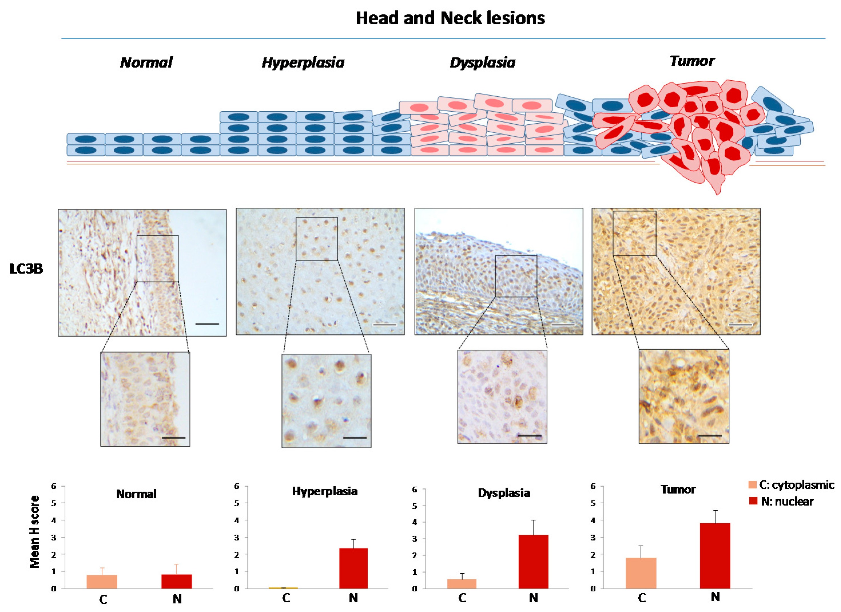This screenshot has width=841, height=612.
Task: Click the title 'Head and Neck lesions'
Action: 450,18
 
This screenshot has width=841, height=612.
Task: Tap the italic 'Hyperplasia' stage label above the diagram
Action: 303,63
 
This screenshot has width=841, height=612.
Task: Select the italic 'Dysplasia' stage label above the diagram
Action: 483,63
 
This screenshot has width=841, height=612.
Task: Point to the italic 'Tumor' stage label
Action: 692,61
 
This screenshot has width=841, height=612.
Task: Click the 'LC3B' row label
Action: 26,269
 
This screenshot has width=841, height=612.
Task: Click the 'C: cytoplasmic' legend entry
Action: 791,485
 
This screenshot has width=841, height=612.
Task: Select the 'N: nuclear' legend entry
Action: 782,501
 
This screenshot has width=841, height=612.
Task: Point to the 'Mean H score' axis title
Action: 35,532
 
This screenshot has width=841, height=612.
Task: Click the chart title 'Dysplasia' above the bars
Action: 504,493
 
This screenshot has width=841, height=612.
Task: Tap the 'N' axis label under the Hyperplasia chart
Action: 353,598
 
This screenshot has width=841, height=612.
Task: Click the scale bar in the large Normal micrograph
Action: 207,324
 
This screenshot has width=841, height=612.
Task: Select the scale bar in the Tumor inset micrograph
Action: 710,435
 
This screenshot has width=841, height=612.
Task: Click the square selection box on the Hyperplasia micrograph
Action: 317,239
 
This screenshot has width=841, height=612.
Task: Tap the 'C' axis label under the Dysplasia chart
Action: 462,598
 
